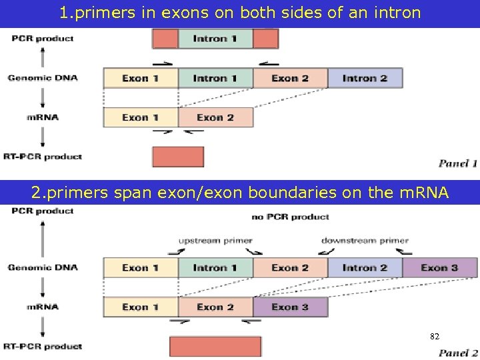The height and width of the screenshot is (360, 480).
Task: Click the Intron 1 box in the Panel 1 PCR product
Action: [215, 39]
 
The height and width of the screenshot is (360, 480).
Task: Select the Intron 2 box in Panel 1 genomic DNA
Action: [365, 79]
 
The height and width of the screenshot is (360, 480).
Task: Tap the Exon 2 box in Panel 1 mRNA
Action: [215, 117]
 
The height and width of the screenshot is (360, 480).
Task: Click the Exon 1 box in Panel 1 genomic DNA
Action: [140, 79]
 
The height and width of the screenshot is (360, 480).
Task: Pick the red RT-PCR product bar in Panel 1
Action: [178, 157]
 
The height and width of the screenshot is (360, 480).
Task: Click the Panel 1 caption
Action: [458, 163]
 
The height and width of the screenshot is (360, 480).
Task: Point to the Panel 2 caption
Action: [458, 353]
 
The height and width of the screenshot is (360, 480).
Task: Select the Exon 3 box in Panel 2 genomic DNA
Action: [439, 268]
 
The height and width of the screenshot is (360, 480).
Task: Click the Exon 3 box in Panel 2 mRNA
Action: [290, 307]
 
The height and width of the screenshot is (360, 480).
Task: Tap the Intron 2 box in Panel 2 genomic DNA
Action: [365, 268]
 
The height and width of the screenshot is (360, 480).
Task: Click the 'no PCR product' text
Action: [291, 217]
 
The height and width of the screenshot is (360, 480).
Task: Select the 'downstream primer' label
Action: [365, 240]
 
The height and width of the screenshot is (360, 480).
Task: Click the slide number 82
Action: [435, 337]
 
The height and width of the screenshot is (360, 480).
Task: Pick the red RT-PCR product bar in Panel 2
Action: [215, 347]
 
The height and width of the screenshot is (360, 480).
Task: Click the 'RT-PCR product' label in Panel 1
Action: [43, 157]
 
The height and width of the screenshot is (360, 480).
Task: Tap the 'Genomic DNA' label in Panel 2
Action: [43, 267]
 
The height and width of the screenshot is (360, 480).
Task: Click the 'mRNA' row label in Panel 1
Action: [43, 117]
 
